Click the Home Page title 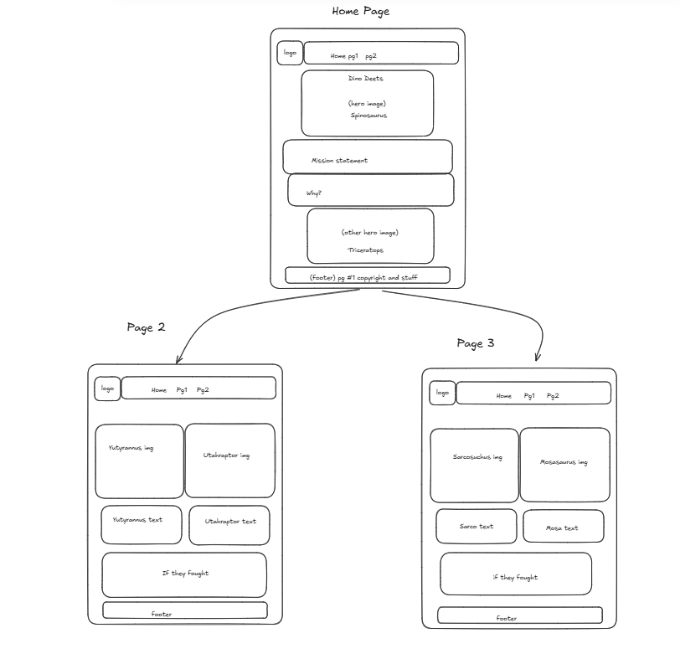(x=360, y=12)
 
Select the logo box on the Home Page (x=290, y=53)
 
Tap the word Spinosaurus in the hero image (x=368, y=116)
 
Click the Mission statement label (x=339, y=161)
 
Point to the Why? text (x=313, y=193)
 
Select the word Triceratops (x=366, y=250)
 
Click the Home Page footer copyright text (x=363, y=277)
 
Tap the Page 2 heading (x=146, y=327)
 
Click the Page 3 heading (x=475, y=343)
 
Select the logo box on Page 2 (x=107, y=389)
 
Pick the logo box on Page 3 (x=442, y=393)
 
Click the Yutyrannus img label (x=131, y=448)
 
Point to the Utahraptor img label (x=226, y=456)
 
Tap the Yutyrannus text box (x=141, y=524)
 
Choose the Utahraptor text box (x=229, y=525)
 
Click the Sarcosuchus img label (x=477, y=457)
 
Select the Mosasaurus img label (x=564, y=461)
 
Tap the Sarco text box (x=476, y=527)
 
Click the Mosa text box (x=563, y=528)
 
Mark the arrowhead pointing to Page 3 (x=537, y=358)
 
